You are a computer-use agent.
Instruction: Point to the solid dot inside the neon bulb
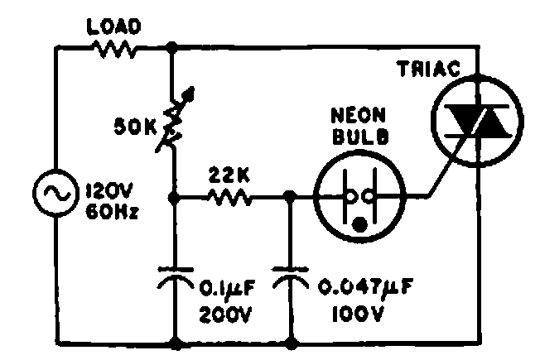pos(359,222)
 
